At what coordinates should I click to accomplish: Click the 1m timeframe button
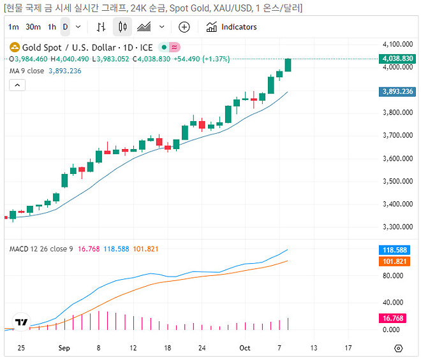(13, 27)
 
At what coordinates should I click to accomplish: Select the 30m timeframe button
(33, 27)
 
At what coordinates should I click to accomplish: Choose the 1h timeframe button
(52, 27)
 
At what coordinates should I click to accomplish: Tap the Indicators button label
(239, 27)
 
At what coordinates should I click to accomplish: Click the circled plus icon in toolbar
(184, 27)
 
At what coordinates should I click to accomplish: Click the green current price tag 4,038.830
(397, 59)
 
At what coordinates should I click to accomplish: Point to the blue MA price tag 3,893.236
(397, 92)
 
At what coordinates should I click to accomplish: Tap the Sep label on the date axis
(64, 349)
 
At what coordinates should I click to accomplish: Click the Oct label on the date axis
(245, 349)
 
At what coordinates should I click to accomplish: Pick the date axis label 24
(202, 349)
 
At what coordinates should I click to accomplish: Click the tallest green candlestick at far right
(288, 64)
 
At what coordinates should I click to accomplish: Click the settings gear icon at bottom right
(399, 349)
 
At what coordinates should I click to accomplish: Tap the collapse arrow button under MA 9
(17, 85)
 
